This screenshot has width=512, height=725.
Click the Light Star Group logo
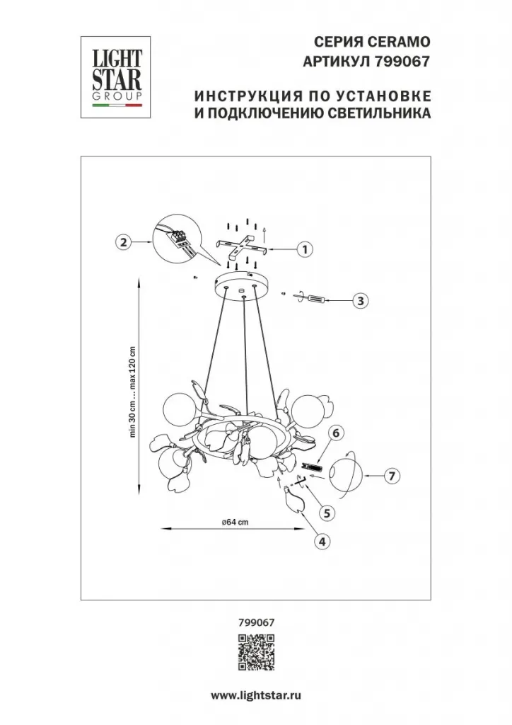[x=117, y=76]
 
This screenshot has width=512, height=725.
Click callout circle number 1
[x=305, y=250]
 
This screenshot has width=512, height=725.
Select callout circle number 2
[x=123, y=242]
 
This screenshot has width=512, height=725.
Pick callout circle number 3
[x=361, y=301]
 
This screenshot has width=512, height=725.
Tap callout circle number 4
[x=322, y=542]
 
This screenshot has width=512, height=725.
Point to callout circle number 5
[x=327, y=513]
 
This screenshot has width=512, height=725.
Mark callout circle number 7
[x=392, y=476]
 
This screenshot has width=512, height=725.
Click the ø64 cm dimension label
[x=235, y=522]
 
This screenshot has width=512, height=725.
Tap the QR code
[x=256, y=652]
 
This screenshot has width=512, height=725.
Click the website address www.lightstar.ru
[x=256, y=695]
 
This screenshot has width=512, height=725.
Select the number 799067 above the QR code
[x=256, y=622]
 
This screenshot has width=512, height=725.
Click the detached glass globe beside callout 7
[x=345, y=475]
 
